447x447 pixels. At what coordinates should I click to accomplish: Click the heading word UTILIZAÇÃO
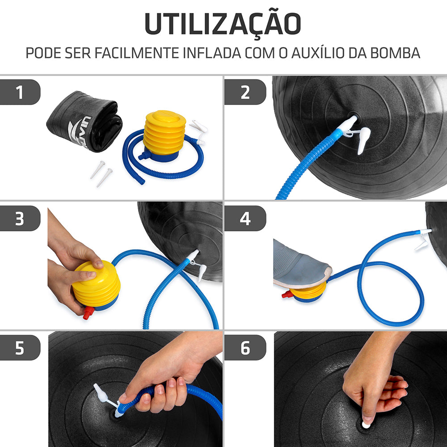tap(223, 24)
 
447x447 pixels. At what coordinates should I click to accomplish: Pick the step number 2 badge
tap(245, 93)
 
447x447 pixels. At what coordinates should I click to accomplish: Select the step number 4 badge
tap(245, 219)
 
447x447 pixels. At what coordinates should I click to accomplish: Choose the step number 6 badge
tap(245, 348)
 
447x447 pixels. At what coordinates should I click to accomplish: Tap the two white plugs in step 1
tap(101, 173)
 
